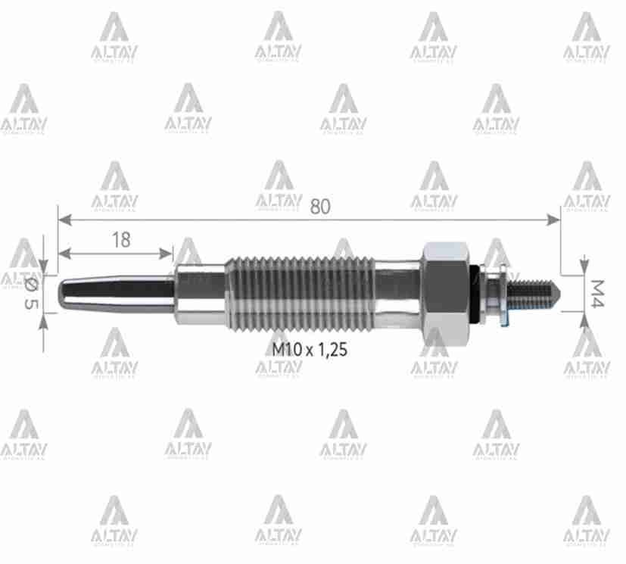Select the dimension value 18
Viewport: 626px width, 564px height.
(x=120, y=240)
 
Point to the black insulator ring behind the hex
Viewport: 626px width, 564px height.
(x=475, y=291)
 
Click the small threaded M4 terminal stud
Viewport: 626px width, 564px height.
(x=533, y=291)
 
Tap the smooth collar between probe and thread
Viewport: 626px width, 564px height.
(x=201, y=291)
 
